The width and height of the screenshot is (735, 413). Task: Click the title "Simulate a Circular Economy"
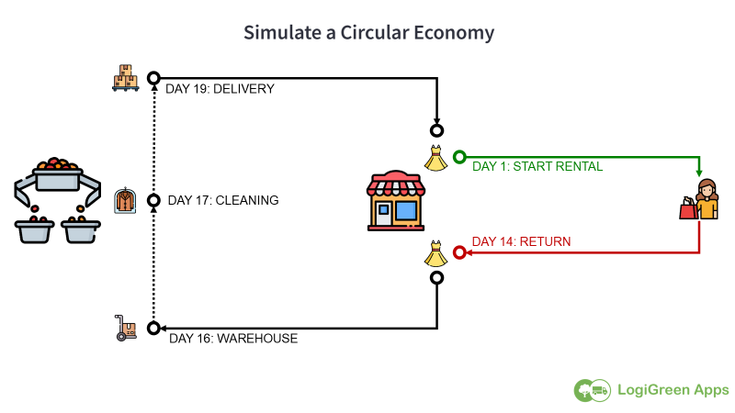368,33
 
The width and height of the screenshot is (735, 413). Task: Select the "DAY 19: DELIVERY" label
220,89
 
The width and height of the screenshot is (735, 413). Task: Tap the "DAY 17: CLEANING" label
223,200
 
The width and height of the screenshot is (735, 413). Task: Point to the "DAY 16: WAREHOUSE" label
233,339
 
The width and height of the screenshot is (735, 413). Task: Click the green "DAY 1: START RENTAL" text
537,167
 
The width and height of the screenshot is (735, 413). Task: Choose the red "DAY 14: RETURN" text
521,241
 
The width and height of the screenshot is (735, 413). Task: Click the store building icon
396,201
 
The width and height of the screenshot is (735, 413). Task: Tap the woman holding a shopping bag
699,199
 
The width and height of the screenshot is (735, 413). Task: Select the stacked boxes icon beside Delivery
126,78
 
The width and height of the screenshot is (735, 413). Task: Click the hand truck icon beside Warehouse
125,328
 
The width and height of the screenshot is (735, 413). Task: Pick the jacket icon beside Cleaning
125,200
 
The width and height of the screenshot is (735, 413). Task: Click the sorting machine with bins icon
58,200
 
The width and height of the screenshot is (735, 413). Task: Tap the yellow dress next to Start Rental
435,158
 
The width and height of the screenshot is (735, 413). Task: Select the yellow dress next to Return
435,254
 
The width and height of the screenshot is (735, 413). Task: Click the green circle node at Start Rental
459,157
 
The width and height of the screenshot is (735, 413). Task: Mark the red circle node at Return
459,253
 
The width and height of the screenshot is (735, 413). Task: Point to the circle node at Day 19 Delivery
153,78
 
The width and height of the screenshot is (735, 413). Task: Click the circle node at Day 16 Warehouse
153,329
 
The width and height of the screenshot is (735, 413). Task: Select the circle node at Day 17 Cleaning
153,200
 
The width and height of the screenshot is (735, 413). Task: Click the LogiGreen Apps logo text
673,390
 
